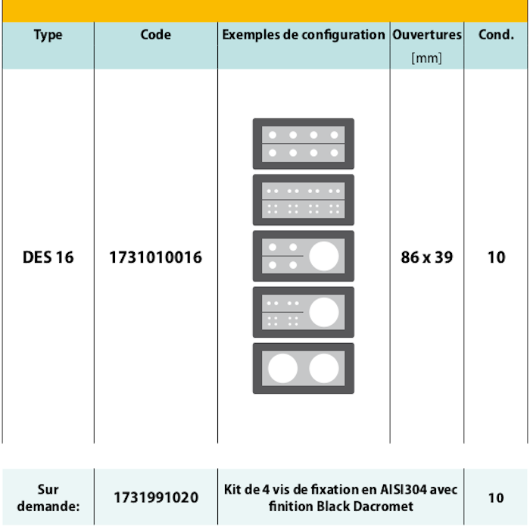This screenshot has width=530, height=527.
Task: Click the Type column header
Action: pyautogui.click(x=48, y=35)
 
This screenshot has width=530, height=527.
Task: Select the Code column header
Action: pyautogui.click(x=156, y=34)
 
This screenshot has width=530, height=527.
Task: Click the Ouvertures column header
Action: pyautogui.click(x=427, y=34)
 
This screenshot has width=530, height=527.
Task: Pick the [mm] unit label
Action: pyautogui.click(x=427, y=58)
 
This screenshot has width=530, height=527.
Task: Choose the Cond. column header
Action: pyautogui.click(x=496, y=34)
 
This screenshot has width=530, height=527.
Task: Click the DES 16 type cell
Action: pyautogui.click(x=48, y=257)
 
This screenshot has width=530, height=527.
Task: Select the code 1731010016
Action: pyautogui.click(x=156, y=257)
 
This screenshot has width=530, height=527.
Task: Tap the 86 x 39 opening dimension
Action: pyautogui.click(x=427, y=257)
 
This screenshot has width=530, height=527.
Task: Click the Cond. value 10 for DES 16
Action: pyautogui.click(x=496, y=257)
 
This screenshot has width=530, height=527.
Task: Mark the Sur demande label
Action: pyautogui.click(x=48, y=497)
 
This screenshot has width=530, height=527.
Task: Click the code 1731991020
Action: pyautogui.click(x=156, y=497)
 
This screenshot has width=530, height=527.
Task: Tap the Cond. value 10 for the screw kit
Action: pyautogui.click(x=496, y=497)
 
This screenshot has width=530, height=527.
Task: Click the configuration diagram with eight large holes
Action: pyautogui.click(x=303, y=144)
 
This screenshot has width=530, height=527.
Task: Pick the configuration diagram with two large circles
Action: pyautogui.click(x=303, y=368)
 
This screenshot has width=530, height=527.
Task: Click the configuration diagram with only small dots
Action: pyautogui.click(x=303, y=200)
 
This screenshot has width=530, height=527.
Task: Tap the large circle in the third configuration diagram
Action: pyautogui.click(x=325, y=256)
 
